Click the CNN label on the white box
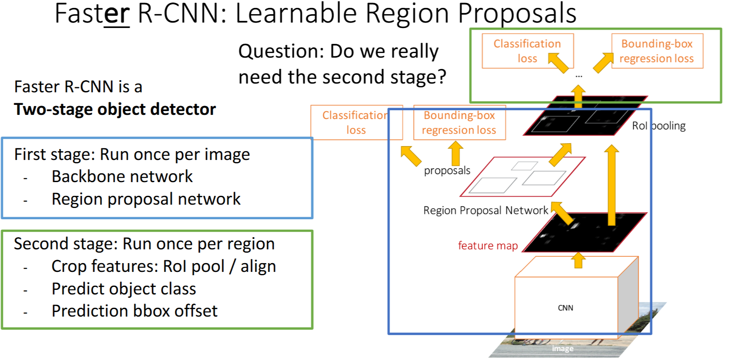[x=565, y=308]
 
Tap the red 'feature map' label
[x=488, y=246]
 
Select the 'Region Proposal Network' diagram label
[x=485, y=210]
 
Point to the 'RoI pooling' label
[x=658, y=126]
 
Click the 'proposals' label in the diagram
[x=447, y=170]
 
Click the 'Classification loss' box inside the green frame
[x=527, y=51]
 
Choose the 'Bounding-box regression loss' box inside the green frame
[x=657, y=51]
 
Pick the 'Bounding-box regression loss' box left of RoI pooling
[x=459, y=122]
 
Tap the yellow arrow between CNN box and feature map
[x=578, y=260]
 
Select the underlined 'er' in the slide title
[x=116, y=13]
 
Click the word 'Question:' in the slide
[x=281, y=51]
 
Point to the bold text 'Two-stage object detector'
[x=115, y=109]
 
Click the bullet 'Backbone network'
[x=122, y=177]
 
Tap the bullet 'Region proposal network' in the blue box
[x=146, y=199]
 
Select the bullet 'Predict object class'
[x=124, y=289]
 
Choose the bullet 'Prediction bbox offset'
[x=134, y=311]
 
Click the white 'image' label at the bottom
[x=562, y=348]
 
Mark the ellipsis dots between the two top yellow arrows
[x=579, y=76]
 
